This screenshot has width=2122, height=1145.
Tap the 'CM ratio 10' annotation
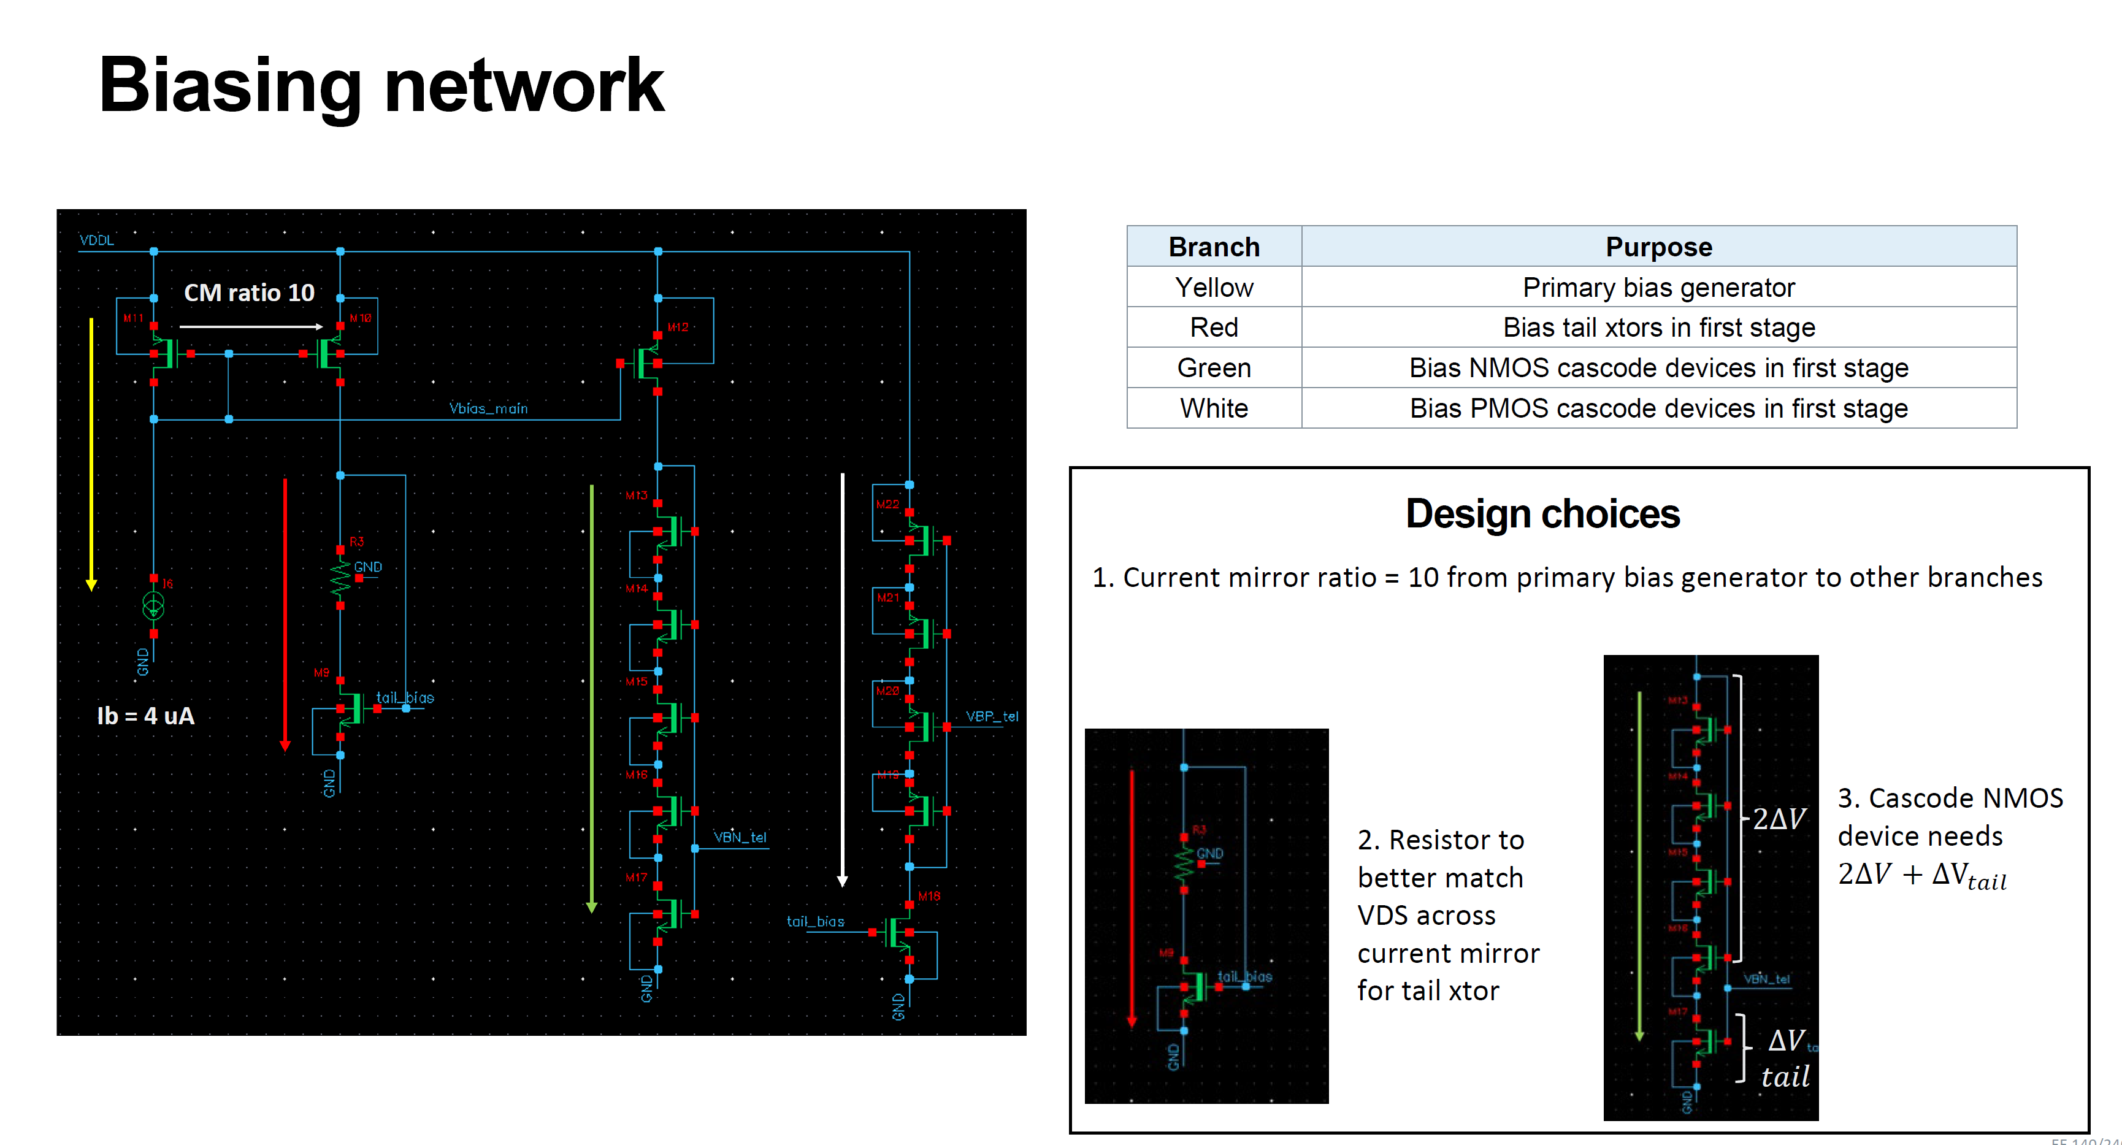coord(249,293)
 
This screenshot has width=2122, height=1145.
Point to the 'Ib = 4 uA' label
coord(146,716)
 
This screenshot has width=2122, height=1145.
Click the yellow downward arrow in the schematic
coord(91,453)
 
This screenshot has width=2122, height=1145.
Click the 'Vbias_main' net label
coord(488,408)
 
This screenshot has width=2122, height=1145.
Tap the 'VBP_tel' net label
coord(992,717)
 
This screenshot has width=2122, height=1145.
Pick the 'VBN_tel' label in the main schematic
coord(740,838)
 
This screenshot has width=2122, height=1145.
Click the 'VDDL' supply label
coord(96,240)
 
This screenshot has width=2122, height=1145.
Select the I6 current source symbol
coord(153,607)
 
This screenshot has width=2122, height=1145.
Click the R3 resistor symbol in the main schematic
coord(340,578)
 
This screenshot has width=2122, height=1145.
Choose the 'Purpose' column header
coord(1658,247)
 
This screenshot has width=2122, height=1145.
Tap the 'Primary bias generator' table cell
coord(1658,288)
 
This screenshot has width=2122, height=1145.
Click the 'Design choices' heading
coord(1542,514)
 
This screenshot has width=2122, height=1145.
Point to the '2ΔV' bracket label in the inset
coord(1779,819)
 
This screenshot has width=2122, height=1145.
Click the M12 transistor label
coord(678,327)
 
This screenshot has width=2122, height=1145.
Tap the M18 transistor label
coord(929,896)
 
